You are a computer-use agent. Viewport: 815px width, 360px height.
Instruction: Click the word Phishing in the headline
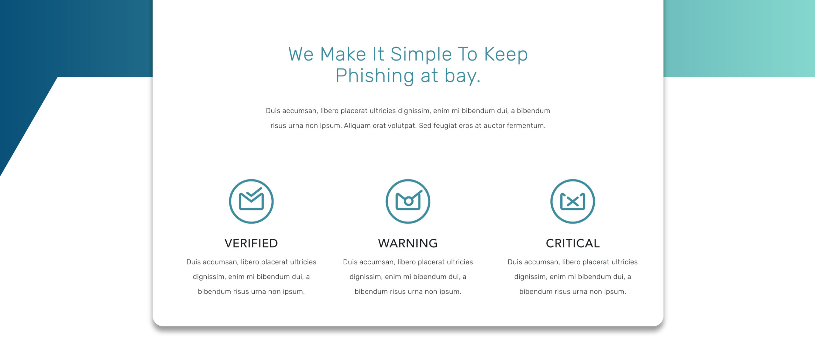pos(375,76)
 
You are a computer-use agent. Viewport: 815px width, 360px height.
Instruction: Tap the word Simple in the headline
pos(421,54)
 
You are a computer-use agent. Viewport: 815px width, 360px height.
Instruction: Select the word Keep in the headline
pos(506,54)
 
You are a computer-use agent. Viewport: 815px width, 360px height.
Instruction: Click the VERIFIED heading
pos(251,243)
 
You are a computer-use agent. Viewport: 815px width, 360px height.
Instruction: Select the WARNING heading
pos(408,243)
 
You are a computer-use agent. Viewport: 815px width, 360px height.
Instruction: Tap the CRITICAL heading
pos(573,243)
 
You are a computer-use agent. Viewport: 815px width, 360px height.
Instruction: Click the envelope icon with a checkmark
pos(251,201)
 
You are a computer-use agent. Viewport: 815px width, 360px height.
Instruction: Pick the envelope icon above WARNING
pos(408,201)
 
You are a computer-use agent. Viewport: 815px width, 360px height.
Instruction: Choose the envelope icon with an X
pos(573,201)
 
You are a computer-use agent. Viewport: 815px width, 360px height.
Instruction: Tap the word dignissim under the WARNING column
pos(366,277)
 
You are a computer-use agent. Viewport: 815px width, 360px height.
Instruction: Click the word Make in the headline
pos(343,54)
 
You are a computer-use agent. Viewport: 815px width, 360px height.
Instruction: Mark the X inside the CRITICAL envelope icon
pos(573,201)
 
